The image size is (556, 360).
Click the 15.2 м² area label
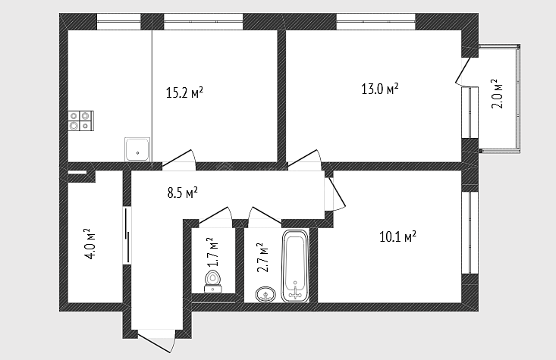[x=184, y=92]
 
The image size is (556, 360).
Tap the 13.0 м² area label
[x=380, y=89]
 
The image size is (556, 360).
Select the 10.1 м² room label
[x=398, y=236]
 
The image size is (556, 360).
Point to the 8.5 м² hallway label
[x=182, y=193]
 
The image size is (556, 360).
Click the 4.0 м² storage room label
[x=91, y=244]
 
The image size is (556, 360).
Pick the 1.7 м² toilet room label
[x=212, y=252]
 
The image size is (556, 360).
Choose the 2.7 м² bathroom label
[x=262, y=257]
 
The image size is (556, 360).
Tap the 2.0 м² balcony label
[x=497, y=94]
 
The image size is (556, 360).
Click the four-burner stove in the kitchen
[x=81, y=121]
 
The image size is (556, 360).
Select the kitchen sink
[x=137, y=149]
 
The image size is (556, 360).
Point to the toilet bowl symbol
[x=212, y=282]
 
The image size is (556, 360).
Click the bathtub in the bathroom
[x=295, y=266]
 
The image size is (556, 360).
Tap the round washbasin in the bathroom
[x=265, y=295]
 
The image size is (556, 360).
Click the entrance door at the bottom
[x=156, y=341]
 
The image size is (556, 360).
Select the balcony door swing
[x=463, y=71]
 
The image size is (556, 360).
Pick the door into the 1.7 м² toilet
[x=215, y=215]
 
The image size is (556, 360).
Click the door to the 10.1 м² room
[x=335, y=193]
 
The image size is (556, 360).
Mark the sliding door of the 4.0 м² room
[x=127, y=236]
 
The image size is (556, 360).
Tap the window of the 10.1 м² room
[x=470, y=233]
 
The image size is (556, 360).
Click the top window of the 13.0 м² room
[x=375, y=22]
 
